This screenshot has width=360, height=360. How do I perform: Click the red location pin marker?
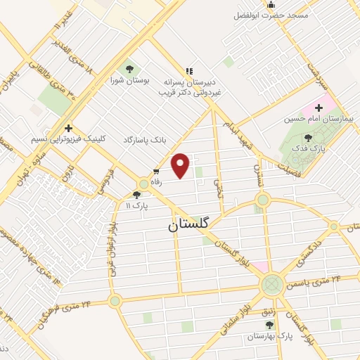point(181,165)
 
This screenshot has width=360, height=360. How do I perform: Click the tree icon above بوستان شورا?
point(129,69)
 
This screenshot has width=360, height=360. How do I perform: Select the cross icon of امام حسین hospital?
point(319,108)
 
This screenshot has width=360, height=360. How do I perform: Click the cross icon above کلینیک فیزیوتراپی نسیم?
point(68,128)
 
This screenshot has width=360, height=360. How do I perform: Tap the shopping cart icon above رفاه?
point(156,171)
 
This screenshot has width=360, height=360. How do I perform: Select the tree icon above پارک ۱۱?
point(136,195)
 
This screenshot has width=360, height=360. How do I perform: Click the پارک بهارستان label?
point(269,337)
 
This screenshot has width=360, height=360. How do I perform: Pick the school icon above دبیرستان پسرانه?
point(188,70)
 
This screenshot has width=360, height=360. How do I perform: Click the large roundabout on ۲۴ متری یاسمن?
point(271,285)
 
